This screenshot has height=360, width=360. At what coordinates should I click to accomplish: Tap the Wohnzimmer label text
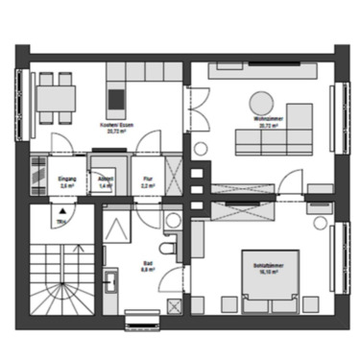coord(266,122)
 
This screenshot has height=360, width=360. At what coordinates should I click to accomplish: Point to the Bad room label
coord(147,270)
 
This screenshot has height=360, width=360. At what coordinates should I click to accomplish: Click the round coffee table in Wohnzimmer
coord(260,100)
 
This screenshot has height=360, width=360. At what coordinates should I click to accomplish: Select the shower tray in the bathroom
coord(120,230)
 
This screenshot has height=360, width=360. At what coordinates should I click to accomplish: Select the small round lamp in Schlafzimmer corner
coord(320,222)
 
